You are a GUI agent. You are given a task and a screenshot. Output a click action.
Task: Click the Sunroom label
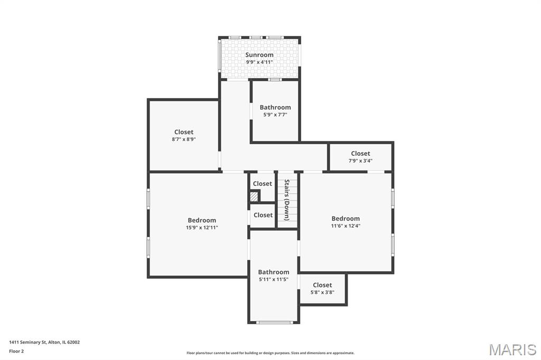pos(259,55)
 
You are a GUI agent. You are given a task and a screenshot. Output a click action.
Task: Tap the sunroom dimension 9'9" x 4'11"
pos(259,62)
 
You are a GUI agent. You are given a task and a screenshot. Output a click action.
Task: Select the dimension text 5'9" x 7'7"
pos(275,115)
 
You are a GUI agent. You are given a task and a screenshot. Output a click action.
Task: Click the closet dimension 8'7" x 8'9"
pos(184,139)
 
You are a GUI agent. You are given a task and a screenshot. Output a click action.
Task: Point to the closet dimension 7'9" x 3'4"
pos(360,160)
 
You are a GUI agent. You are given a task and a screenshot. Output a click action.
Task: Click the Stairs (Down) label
pos(287,200)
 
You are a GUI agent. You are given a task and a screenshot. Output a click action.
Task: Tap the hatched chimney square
pos(254,197)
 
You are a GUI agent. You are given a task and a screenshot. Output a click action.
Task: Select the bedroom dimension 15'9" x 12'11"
pos(202,228)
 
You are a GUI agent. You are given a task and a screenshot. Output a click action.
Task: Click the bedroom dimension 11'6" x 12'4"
pos(346,226)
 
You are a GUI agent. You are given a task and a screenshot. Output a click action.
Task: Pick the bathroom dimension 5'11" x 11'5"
pos(274,279)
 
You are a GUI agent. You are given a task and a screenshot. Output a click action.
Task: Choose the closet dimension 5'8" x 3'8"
pos(322,292)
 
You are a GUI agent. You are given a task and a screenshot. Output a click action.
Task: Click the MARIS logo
pos(512,349)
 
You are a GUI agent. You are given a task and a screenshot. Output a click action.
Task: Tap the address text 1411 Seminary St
pos(27,343)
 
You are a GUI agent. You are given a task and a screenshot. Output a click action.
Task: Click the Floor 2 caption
pos(16,352)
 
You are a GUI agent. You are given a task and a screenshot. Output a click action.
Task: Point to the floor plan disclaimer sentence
pos(270,353)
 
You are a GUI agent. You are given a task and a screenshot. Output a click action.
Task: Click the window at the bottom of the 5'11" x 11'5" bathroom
pos(275,323)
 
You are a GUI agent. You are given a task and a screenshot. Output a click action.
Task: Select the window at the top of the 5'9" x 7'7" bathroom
pos(275,80)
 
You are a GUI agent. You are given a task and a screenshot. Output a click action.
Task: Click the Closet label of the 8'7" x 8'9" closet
pos(184,132)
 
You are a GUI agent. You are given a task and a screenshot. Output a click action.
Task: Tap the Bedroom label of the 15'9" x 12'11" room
pos(202,220)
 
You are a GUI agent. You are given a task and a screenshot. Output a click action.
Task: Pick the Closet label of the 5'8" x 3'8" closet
pos(322,285)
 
